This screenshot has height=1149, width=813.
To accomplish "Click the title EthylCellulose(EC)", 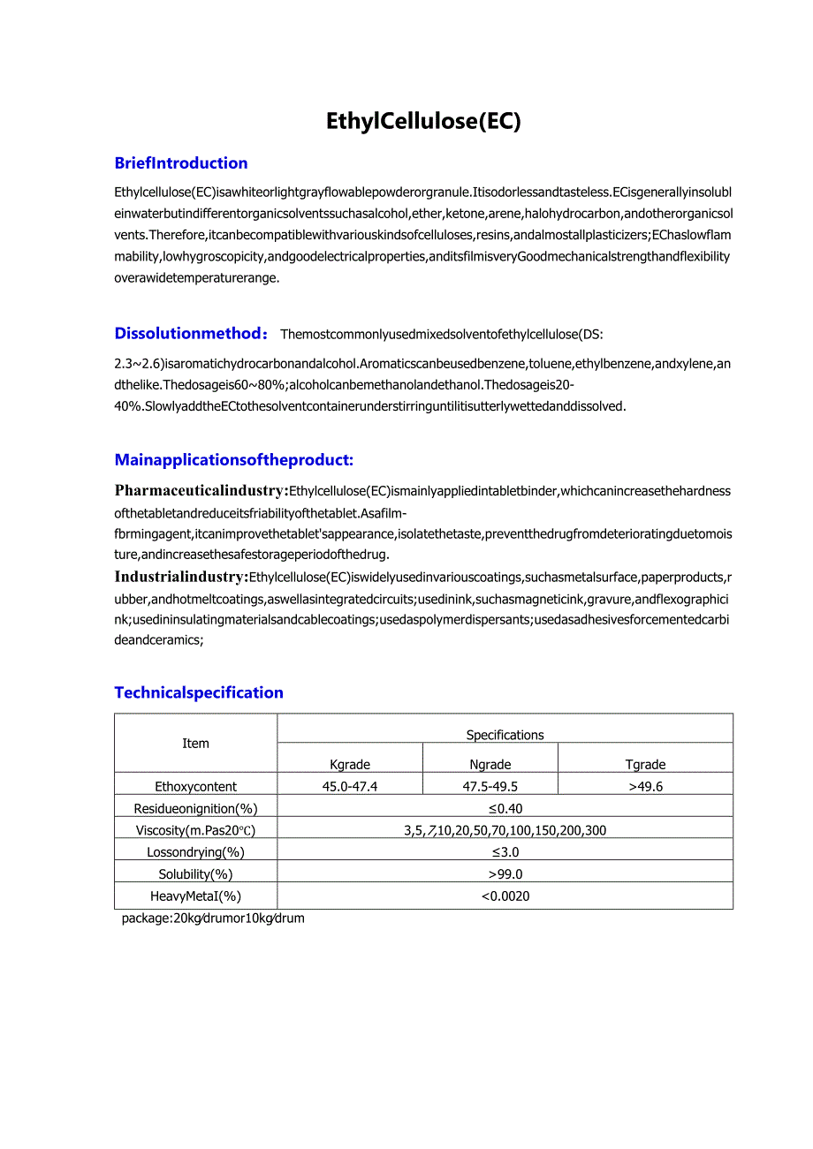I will click(423, 121).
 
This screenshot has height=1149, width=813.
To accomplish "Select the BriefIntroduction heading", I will click(181, 163).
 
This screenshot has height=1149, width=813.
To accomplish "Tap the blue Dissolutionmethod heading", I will click(189, 333).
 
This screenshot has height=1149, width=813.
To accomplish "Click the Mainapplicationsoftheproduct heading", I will click(233, 460).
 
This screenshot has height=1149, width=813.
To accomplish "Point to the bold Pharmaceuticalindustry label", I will click(201, 490).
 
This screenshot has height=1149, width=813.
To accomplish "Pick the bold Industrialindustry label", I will click(180, 577).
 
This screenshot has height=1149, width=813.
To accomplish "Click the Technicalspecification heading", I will click(199, 693).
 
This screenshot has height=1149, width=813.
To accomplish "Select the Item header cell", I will click(195, 744).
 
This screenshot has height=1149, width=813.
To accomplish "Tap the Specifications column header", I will click(505, 735).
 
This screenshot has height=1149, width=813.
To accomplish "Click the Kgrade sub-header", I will click(350, 765).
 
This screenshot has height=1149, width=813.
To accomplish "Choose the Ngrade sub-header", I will click(490, 765).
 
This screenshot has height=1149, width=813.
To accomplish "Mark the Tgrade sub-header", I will click(645, 765).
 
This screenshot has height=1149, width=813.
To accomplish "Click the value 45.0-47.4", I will click(350, 786).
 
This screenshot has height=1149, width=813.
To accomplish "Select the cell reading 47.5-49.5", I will click(490, 786).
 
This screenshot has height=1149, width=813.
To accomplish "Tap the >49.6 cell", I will click(645, 786).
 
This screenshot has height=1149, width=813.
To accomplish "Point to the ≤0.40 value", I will click(505, 808).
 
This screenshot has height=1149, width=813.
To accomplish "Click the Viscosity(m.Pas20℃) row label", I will click(195, 830).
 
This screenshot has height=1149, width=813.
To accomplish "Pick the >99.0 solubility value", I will click(505, 874).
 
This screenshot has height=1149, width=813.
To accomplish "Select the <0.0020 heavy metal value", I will click(505, 896).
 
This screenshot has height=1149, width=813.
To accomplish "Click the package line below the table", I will click(213, 918).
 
